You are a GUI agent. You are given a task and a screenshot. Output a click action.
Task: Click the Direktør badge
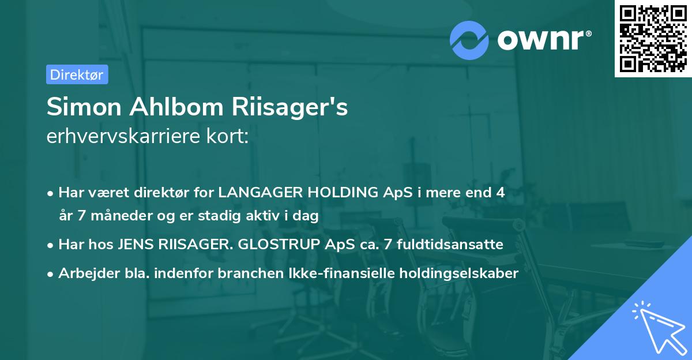tap(77, 74)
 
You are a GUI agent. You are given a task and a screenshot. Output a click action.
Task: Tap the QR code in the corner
tap(653, 38)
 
